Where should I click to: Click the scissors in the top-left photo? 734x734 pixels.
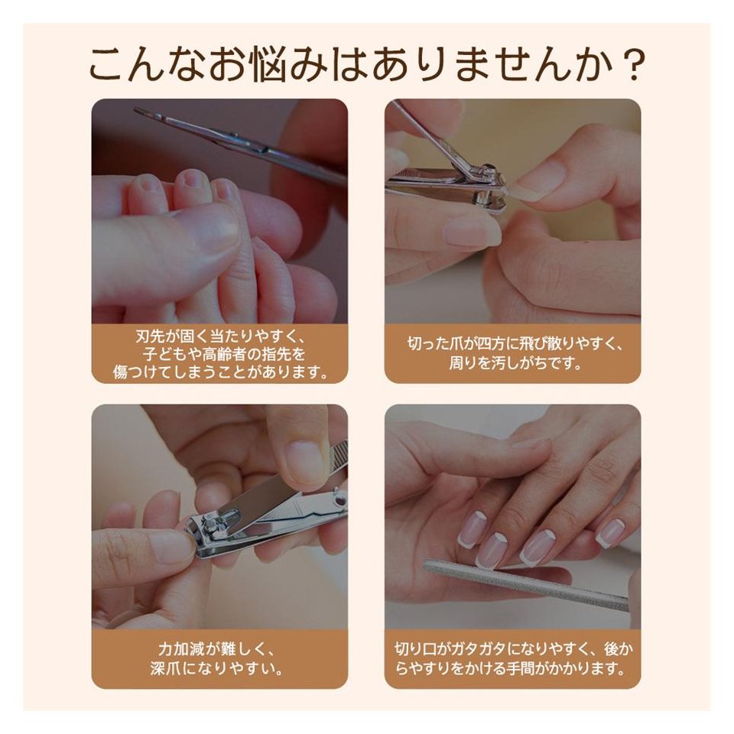point(241,147)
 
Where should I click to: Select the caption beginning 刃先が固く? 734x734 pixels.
point(220,354)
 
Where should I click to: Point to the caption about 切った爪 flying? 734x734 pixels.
point(512,354)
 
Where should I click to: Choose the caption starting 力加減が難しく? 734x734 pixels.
point(217,658)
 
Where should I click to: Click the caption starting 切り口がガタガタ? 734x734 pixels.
point(512,658)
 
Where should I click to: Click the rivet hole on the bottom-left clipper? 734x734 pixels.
point(338,502)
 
